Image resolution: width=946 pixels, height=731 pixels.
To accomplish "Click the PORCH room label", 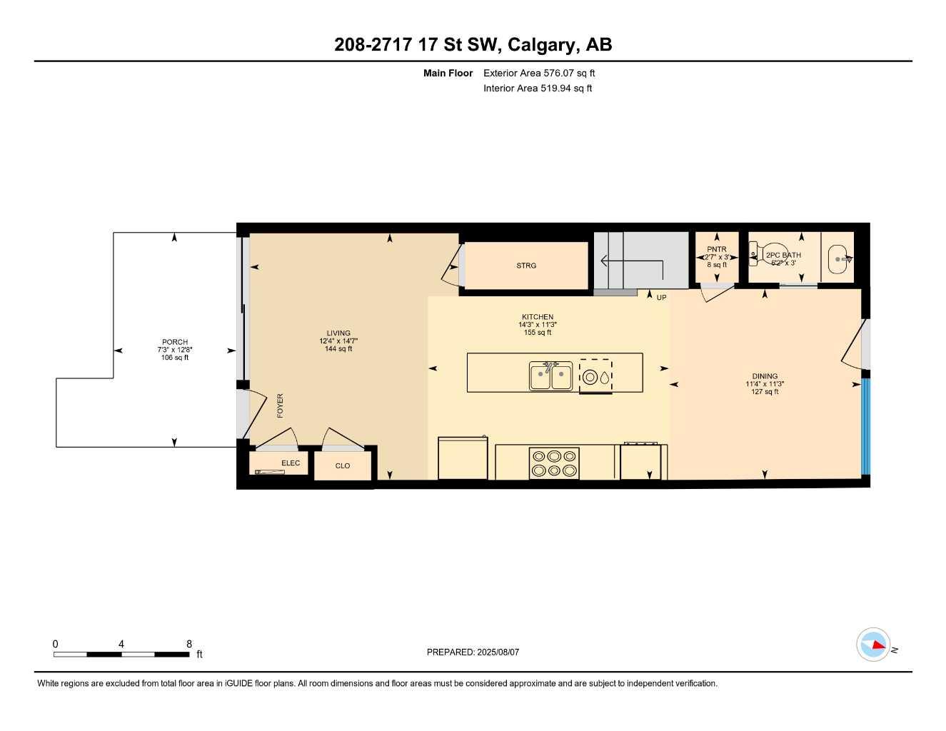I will point(174,342).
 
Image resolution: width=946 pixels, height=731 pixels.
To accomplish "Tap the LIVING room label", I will point(338,333).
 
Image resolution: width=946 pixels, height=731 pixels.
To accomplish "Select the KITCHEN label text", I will point(537,317).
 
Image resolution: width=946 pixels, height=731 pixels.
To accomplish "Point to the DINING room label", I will point(765,376).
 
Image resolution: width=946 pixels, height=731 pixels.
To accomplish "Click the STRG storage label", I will point(526,266).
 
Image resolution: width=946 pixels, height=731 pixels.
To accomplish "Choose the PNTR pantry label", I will point(716,249).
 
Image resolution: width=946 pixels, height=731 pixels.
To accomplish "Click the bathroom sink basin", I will point(840,259).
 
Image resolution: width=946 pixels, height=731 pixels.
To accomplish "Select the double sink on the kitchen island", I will point(550,376).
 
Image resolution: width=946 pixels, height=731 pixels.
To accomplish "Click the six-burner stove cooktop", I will point(554,463).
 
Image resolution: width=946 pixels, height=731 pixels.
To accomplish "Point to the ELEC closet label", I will point(291,463).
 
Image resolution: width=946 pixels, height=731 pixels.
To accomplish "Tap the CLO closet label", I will point(343,466).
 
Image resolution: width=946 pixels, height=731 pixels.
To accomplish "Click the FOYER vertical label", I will point(280,405).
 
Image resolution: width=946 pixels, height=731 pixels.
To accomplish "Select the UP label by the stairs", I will point(661,298).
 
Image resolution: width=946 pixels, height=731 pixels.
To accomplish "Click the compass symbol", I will point(873,645).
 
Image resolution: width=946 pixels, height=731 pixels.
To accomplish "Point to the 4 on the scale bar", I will point(121,644).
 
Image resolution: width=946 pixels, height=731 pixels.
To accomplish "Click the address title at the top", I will point(473,44).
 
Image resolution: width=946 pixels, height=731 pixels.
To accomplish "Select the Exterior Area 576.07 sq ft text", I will point(539,73).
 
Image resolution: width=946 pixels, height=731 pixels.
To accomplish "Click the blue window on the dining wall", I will point(865,426).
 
